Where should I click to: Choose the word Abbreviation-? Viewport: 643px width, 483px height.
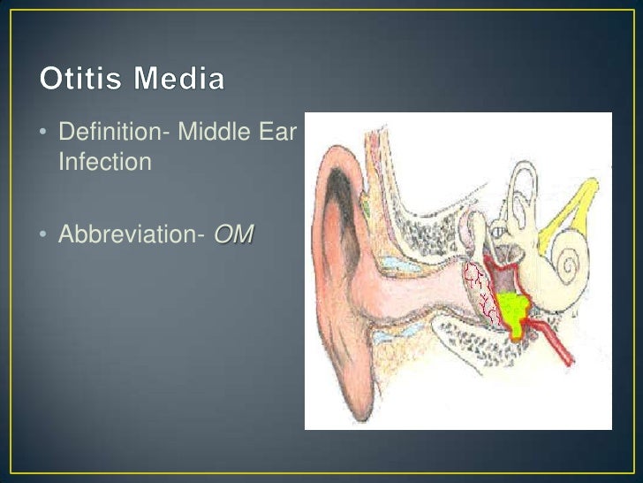(132, 235)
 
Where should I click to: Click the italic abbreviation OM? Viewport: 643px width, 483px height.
(233, 235)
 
